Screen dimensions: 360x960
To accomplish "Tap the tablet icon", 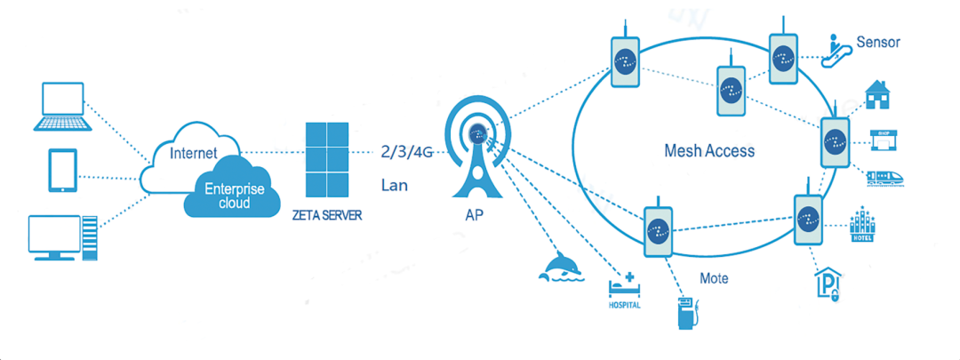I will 63,170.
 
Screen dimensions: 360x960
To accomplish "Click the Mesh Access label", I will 709,150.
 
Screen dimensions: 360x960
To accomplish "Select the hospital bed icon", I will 623,285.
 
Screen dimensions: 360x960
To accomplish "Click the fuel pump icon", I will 688,312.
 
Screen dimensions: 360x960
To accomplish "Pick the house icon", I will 878,94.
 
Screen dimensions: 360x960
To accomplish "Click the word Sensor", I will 878,42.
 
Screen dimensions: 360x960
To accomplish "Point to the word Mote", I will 714,278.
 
